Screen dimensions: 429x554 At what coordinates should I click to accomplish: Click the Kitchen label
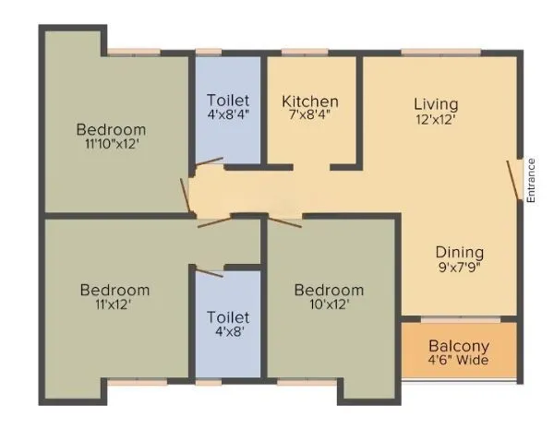point(310,101)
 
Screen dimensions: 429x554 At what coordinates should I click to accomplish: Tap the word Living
point(436,103)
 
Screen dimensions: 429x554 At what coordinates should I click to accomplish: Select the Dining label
point(460,252)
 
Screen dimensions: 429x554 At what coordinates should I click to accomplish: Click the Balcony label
point(458,346)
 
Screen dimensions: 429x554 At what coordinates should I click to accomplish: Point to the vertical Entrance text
point(531,180)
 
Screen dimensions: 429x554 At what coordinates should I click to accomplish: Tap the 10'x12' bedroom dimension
point(329,304)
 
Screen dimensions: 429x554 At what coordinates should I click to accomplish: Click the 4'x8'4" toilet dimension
point(227,115)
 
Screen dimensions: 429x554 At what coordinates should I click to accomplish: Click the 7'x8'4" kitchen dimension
point(310,116)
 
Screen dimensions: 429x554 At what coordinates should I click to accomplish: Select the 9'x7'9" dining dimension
point(460,267)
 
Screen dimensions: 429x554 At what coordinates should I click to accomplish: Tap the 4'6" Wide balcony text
point(458,360)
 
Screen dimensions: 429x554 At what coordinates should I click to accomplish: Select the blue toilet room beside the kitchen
point(227,138)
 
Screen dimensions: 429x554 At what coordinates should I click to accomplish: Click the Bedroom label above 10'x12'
point(329,291)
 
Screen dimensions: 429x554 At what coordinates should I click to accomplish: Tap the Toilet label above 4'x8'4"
point(227,101)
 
